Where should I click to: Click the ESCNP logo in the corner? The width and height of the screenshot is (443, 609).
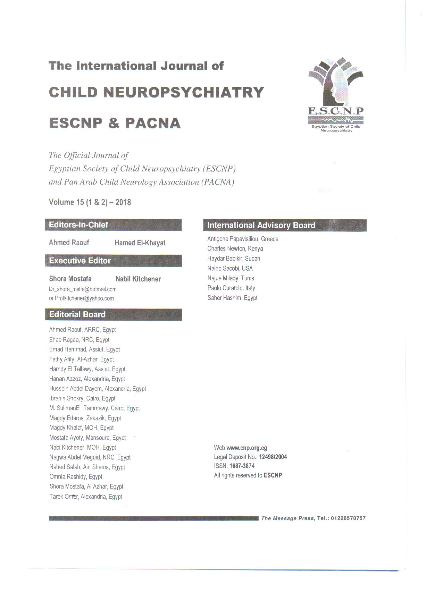click(x=335, y=94)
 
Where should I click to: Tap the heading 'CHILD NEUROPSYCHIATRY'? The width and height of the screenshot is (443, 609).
click(x=157, y=93)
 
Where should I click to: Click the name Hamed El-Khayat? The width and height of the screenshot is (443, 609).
click(x=140, y=243)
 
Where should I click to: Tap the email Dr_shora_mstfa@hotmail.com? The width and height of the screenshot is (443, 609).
click(x=83, y=289)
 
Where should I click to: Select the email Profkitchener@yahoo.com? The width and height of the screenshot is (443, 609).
click(x=84, y=298)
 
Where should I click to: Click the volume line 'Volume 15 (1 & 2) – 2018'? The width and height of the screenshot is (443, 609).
click(x=90, y=202)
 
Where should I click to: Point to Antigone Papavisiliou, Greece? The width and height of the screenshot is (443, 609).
click(x=243, y=239)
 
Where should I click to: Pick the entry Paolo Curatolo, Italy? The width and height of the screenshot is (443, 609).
click(x=231, y=288)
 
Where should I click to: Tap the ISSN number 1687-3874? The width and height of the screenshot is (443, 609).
click(x=242, y=466)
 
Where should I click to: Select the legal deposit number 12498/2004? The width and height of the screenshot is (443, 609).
click(x=273, y=457)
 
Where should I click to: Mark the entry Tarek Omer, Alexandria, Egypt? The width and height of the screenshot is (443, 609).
click(x=86, y=497)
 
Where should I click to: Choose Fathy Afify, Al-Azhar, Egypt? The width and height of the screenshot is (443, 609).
click(x=82, y=360)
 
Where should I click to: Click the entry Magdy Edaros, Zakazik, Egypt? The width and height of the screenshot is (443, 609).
click(x=85, y=418)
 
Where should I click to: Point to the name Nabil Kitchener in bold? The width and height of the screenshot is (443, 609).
click(x=138, y=279)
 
